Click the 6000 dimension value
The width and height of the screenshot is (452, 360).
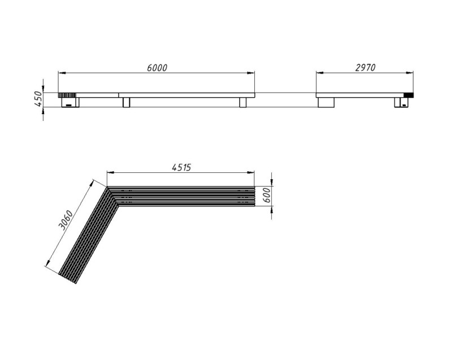157,68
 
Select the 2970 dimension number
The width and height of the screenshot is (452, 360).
366,67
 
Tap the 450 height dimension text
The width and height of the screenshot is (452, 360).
38,98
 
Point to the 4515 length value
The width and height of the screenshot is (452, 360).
181,167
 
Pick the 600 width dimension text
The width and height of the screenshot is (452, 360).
267,195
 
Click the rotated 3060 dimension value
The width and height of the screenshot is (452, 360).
66,220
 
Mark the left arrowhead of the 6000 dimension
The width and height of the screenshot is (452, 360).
62,73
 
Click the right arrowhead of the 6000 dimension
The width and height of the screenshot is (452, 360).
251,73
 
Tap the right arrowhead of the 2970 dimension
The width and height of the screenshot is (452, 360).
409,73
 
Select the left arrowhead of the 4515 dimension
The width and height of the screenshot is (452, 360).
111,172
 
